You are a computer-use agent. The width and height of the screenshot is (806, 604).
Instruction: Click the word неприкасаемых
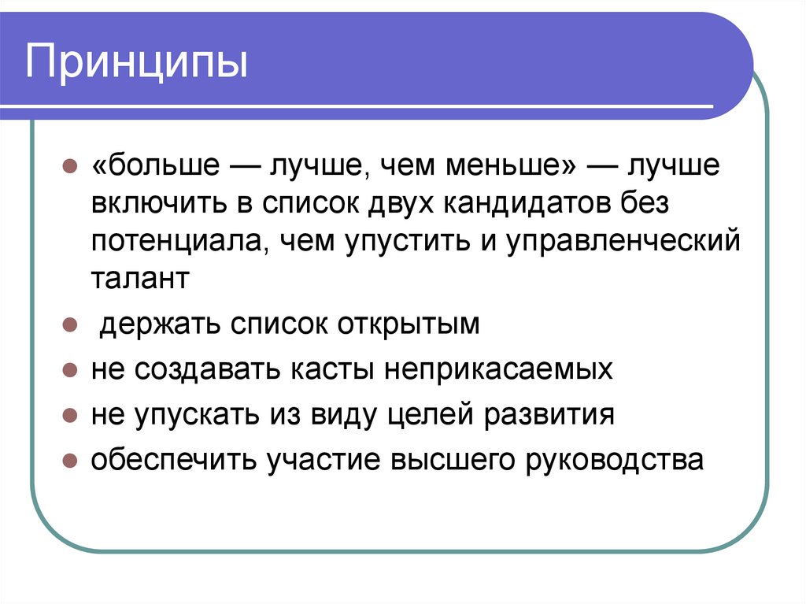(499, 369)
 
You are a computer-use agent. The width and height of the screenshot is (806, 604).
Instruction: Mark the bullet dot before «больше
(69, 168)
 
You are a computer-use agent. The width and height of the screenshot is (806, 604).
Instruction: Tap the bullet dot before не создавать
(69, 370)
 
